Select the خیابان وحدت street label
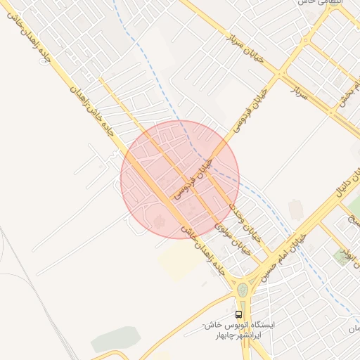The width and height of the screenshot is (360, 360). (244, 221)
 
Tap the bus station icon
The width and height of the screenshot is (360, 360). (239, 314)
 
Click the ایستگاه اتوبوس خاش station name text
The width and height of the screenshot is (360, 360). (239, 327)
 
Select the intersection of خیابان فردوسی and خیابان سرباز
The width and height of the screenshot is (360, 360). (281, 73)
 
